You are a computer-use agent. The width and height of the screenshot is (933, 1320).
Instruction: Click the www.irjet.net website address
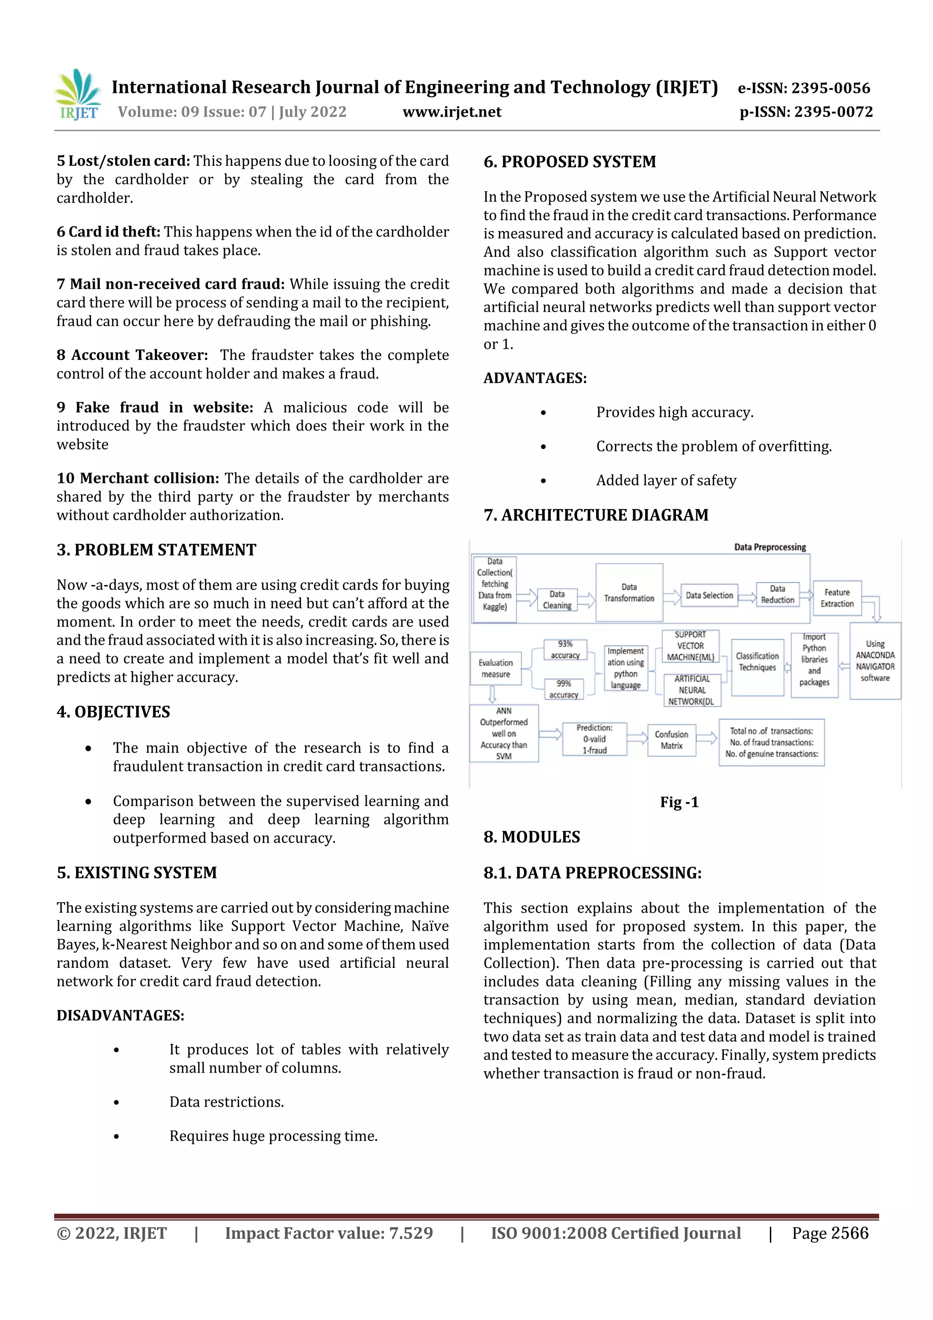(452, 112)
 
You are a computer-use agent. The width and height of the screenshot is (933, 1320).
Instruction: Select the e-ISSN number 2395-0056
(804, 88)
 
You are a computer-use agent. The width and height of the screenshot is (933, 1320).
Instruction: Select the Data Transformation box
(629, 593)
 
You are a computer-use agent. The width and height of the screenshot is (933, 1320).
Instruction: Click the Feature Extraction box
(837, 598)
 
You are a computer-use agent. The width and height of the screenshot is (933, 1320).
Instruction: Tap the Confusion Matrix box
(671, 740)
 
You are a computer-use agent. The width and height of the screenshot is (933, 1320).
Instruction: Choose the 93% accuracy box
(565, 650)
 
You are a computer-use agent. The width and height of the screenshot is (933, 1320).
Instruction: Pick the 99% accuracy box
(564, 689)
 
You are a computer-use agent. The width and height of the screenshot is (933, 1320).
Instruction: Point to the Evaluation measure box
(496, 668)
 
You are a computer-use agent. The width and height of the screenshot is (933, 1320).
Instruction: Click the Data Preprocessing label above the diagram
(770, 547)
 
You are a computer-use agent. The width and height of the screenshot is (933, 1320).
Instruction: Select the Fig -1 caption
(679, 802)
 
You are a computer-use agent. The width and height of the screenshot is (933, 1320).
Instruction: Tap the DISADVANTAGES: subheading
(120, 1015)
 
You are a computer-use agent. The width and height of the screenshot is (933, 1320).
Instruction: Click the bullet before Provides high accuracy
(543, 413)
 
